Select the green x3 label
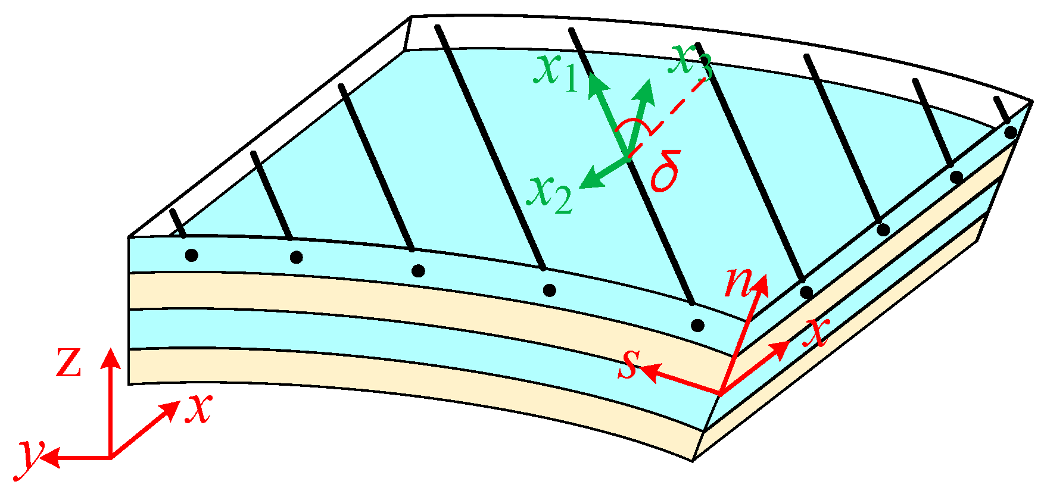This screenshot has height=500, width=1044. [690, 60]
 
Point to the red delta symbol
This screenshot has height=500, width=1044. [666, 171]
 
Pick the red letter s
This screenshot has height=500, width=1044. [628, 364]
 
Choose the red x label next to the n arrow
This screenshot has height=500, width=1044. [816, 333]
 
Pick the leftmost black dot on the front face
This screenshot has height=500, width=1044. [191, 255]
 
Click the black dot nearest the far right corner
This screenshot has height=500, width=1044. [1010, 132]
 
